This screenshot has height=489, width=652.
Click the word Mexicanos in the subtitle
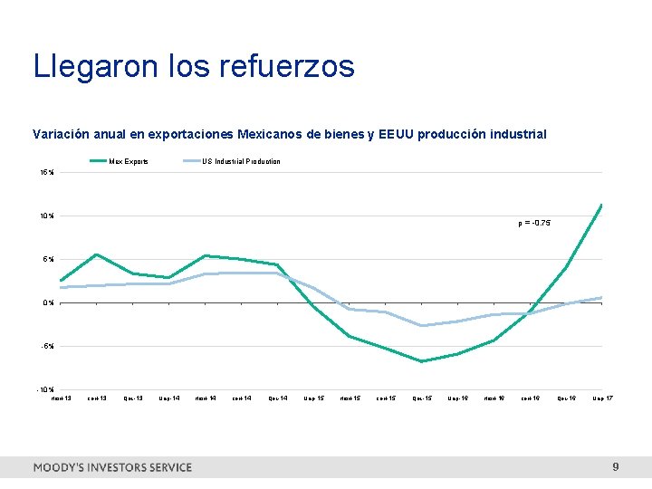coord(270,134)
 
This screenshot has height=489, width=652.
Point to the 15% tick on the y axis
coord(45,172)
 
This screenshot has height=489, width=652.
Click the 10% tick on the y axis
coord(45,216)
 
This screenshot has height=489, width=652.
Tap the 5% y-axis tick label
coord(47,259)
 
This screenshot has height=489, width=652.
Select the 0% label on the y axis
coord(47,302)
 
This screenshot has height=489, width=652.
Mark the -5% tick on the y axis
coord(46,346)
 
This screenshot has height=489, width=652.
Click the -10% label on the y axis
coord(44,389)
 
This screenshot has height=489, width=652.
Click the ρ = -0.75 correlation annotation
coord(534,223)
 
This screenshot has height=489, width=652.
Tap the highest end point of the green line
coord(601,205)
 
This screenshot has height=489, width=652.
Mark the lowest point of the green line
coord(421,361)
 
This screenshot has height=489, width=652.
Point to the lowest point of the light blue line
coord(421,325)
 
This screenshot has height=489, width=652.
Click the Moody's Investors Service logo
coord(112,467)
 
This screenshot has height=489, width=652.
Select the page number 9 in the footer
coord(616,467)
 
